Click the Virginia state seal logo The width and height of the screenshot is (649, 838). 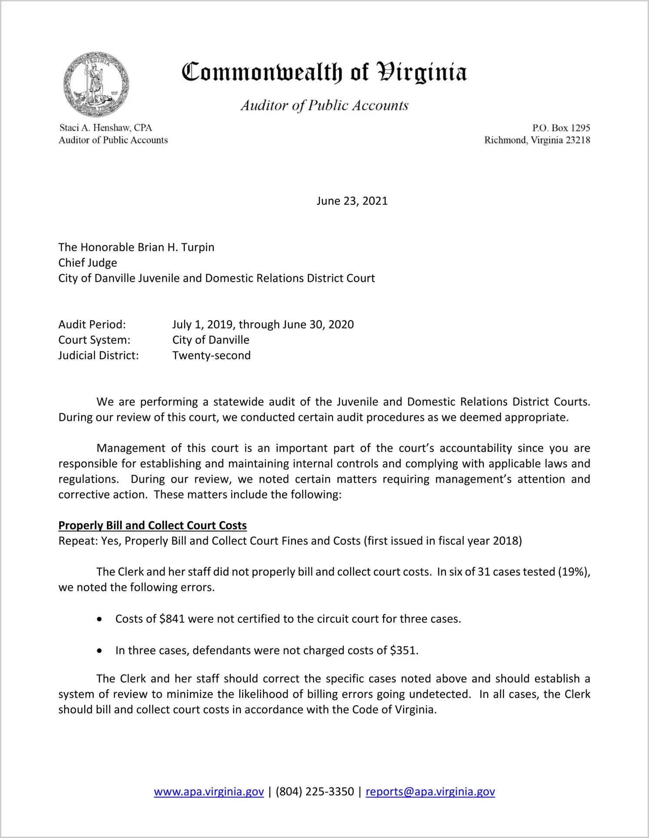[x=96, y=84]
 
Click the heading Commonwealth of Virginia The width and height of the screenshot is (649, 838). [x=324, y=72]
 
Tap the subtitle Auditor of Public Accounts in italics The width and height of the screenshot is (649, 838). [x=324, y=105]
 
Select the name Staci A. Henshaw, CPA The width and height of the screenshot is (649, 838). [x=106, y=128]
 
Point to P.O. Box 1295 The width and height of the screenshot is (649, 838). [x=561, y=128]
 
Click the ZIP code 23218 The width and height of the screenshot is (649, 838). [x=578, y=140]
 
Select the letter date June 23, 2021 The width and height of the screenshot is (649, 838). [x=352, y=201]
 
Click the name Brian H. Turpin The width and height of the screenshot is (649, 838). [x=176, y=247]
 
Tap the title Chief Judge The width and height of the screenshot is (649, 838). [x=88, y=263]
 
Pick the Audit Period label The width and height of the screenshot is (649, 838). [x=92, y=325]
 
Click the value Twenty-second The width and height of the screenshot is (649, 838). [x=212, y=355]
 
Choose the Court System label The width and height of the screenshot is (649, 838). [x=94, y=340]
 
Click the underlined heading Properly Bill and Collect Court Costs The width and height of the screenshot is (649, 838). [x=152, y=526]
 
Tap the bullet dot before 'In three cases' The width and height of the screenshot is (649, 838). [x=100, y=651]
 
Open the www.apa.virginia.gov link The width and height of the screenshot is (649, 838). [x=209, y=792]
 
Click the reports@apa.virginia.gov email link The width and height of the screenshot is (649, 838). [x=430, y=792]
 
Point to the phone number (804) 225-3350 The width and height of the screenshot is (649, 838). [x=315, y=792]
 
